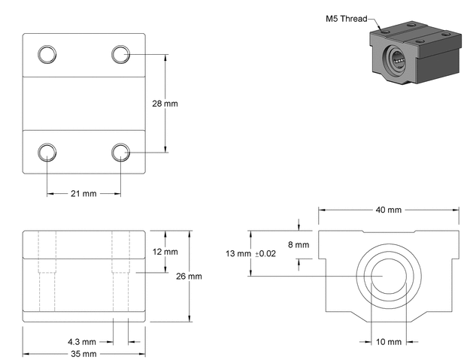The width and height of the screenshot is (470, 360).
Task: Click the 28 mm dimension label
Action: point(165,103)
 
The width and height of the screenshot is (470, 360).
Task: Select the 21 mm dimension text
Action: point(83,194)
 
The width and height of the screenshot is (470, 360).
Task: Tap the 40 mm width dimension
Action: point(388,210)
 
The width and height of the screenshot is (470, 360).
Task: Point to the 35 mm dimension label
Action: point(83,353)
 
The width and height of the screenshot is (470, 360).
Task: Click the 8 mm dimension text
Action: point(298,245)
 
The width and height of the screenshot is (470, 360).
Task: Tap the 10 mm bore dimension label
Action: point(388,342)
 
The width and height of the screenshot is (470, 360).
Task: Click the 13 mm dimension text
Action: point(238,254)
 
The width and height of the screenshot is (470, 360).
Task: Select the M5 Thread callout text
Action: point(347,19)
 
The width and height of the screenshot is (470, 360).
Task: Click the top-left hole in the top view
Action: point(47,53)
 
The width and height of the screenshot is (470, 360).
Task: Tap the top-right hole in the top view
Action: point(120,53)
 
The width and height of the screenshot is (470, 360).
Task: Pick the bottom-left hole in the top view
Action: point(47,152)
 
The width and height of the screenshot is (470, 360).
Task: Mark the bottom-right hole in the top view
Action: point(120,152)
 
